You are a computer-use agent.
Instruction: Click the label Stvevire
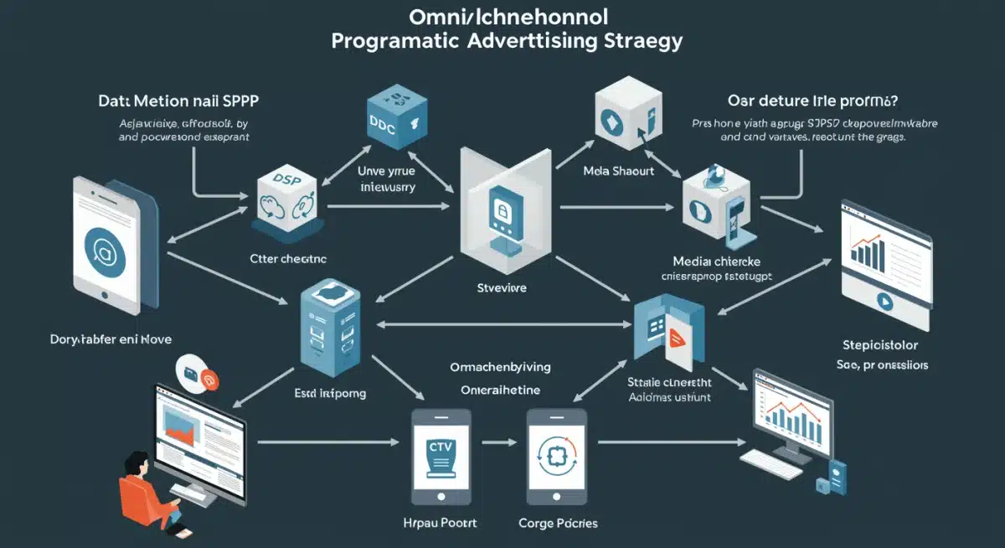point(502,287)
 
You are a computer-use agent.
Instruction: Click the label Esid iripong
point(331,392)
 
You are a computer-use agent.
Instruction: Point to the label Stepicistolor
point(879,345)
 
